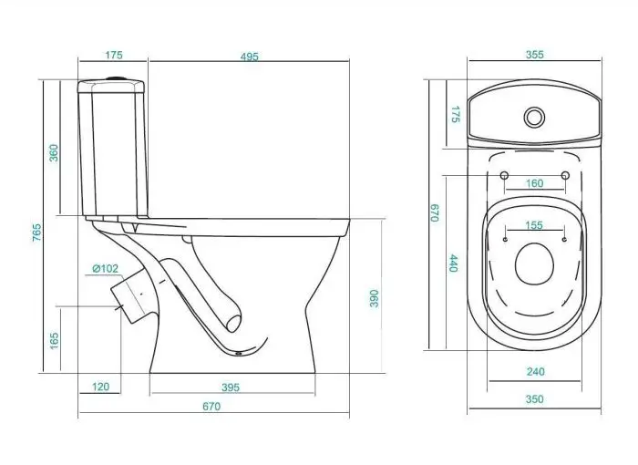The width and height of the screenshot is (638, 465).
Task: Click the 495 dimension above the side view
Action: (x=249, y=57)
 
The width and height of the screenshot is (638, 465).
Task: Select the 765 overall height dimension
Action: (x=37, y=232)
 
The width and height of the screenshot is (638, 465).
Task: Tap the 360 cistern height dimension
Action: (x=54, y=153)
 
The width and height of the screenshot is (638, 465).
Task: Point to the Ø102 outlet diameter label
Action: (x=105, y=269)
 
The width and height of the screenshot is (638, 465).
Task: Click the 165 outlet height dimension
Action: (x=54, y=340)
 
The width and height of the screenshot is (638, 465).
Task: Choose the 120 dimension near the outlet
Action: (x=100, y=387)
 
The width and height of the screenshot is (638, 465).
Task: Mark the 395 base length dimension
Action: (x=231, y=387)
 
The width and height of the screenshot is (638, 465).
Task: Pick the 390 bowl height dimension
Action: (x=374, y=298)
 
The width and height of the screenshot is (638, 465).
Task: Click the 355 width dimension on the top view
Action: (x=535, y=55)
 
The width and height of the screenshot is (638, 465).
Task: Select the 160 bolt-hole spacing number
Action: (x=534, y=183)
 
